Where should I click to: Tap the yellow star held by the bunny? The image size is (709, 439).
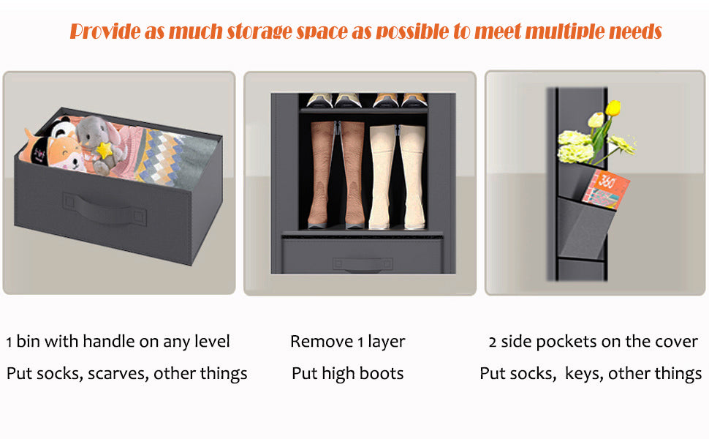point(105,150)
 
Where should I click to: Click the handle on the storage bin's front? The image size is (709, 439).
point(105,209)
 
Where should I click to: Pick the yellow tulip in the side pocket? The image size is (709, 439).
point(613,108)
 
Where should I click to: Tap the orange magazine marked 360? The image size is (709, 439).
point(606,190)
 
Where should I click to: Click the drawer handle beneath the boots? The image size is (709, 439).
point(363,264)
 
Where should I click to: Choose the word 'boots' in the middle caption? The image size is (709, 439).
point(382,373)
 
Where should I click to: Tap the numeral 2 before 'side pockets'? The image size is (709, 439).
point(493,342)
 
